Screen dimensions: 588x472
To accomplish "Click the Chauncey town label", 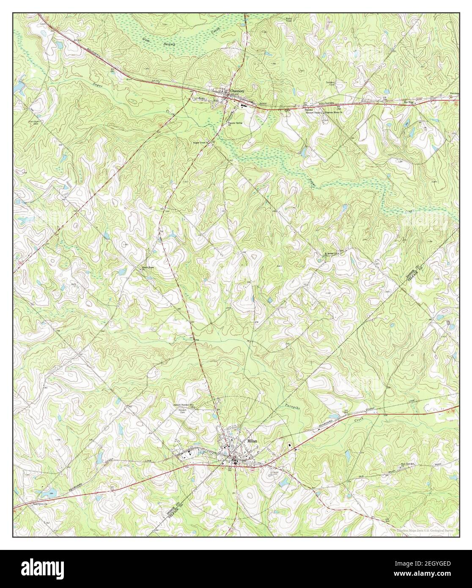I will [238, 91].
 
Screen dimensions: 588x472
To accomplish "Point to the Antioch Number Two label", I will [174, 405].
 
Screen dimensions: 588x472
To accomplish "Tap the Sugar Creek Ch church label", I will [202, 143].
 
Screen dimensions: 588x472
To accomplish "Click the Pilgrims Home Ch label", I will [331, 113].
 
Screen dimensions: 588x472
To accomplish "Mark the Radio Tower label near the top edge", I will [313, 18].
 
